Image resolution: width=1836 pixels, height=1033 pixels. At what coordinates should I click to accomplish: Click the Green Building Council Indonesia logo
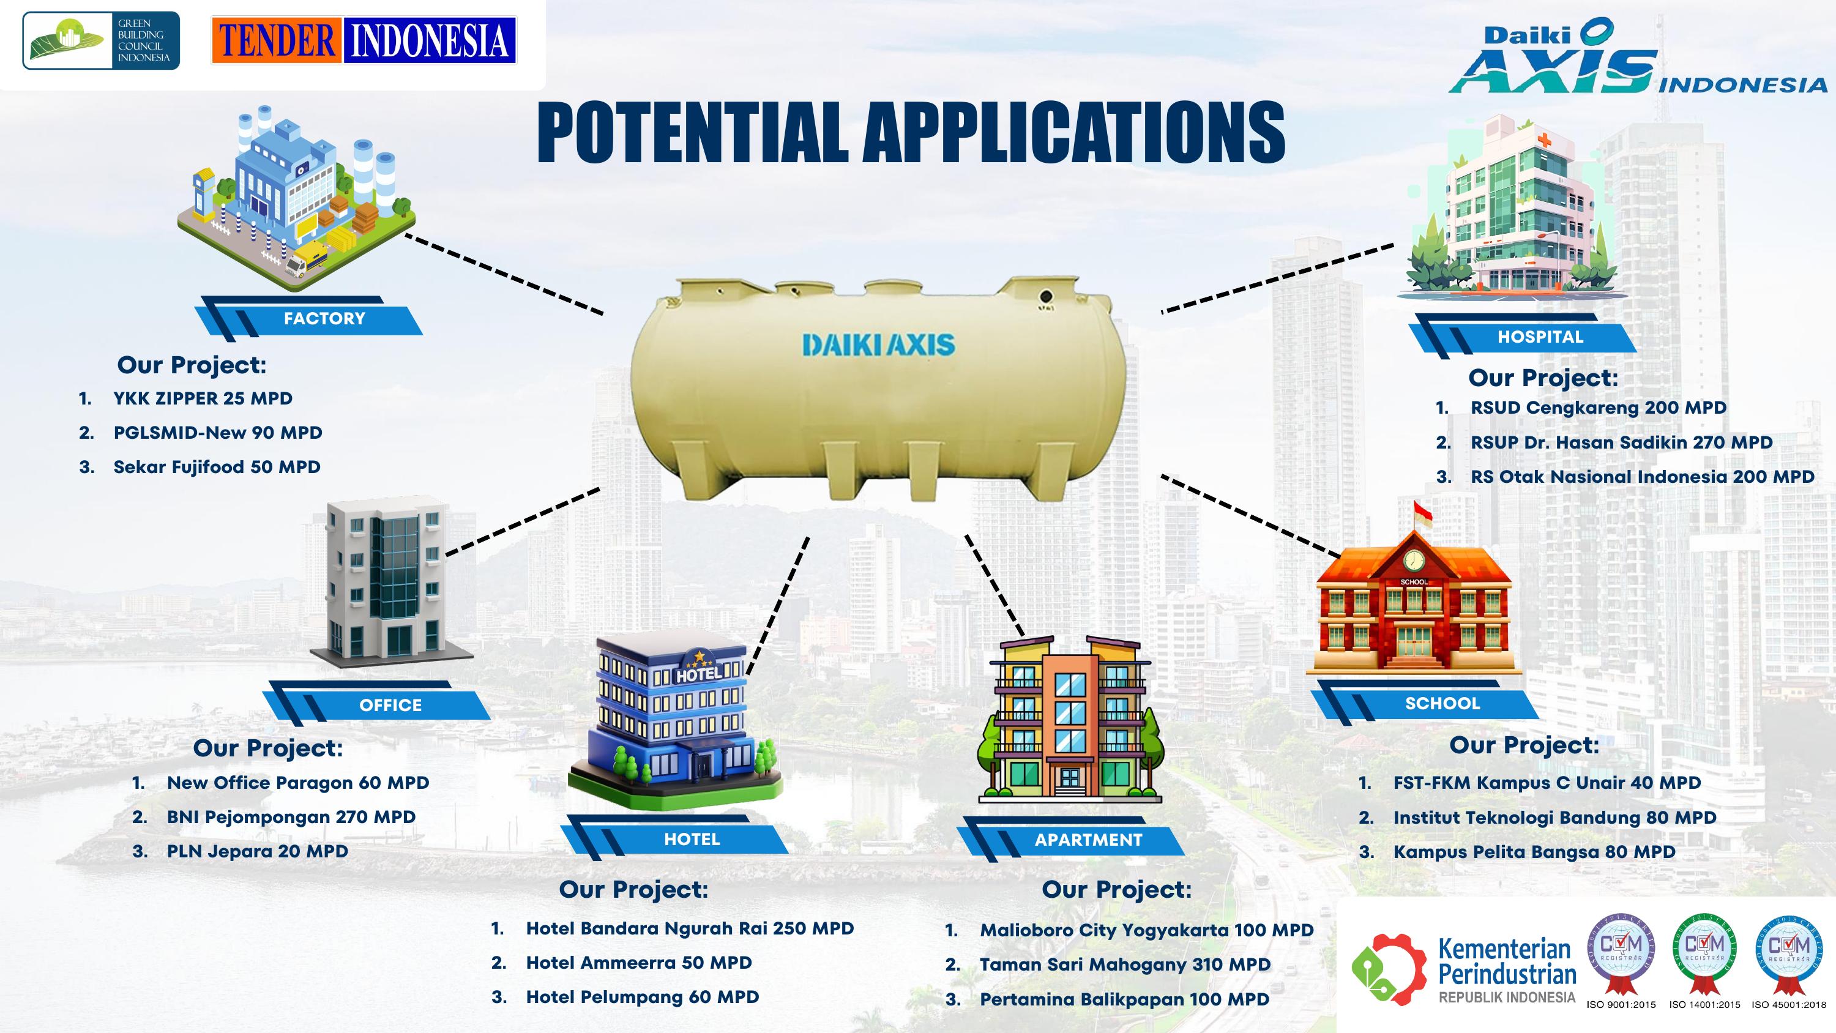pos(100,40)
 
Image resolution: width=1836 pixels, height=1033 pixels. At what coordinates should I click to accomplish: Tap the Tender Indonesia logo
pos(364,40)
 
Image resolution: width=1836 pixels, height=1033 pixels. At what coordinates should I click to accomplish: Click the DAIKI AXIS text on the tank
pos(878,345)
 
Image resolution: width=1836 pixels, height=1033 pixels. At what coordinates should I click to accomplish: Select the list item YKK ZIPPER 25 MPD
pos(203,398)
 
